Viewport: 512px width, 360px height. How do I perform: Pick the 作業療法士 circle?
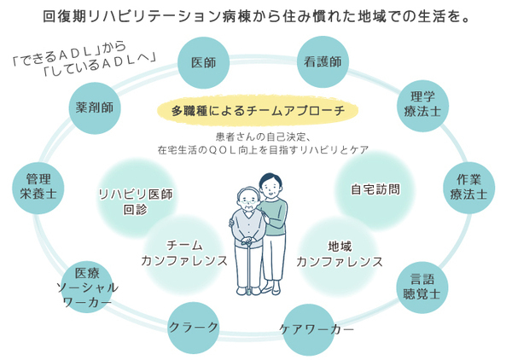point(468,186)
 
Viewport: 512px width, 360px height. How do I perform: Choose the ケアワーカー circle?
point(316,328)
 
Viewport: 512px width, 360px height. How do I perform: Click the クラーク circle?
point(194,327)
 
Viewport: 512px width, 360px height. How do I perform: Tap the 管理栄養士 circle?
point(38,186)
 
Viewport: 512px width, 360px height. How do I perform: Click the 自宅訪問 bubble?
point(375,189)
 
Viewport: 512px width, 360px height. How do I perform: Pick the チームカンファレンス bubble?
point(184,253)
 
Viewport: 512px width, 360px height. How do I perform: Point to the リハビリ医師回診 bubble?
point(136,200)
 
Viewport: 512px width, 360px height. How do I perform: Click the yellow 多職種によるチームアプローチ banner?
point(258,111)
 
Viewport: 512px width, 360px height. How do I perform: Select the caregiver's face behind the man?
point(270,187)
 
